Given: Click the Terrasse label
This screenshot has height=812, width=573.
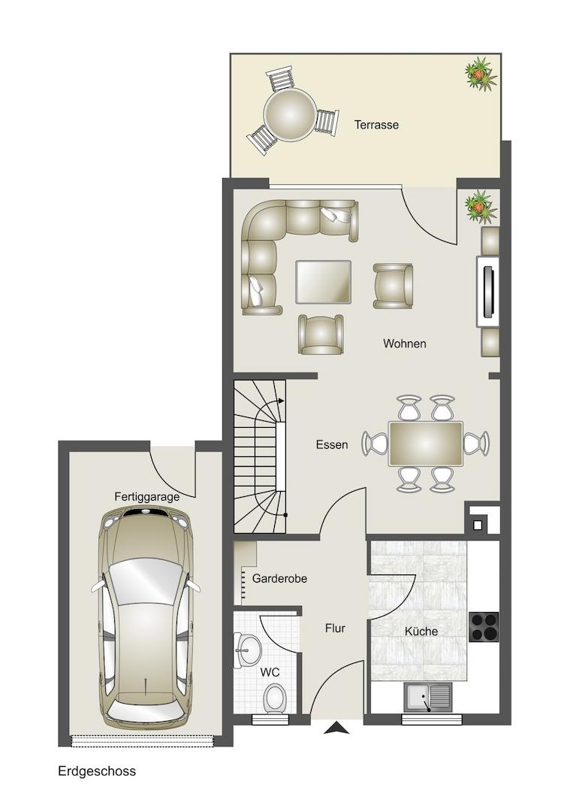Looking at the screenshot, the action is point(376,125).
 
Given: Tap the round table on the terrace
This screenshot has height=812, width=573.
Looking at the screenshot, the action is point(289,114).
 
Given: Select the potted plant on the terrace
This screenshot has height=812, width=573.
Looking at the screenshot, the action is point(481,74).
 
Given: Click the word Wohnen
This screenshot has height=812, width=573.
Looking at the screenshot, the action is point(405,344).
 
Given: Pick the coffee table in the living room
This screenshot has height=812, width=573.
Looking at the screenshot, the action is point(323,282).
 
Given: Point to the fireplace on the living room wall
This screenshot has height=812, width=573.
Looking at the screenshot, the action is point(487,292).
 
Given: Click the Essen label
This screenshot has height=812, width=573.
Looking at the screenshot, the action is point(331,444).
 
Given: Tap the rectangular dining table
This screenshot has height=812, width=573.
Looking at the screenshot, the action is point(425,444).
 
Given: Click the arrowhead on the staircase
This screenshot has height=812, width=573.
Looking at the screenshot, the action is point(281,400).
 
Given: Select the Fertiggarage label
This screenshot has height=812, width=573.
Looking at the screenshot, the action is point(147,497).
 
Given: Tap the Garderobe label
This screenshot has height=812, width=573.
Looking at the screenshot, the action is point(279,578).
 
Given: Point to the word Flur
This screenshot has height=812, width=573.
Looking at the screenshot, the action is point(335,628).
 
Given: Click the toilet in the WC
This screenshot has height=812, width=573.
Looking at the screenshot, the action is point(273,698).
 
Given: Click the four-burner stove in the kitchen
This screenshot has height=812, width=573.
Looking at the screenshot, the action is point(484,626).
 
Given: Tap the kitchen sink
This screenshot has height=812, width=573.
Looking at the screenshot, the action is point(428,698).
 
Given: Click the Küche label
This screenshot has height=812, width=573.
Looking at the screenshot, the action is point(421,632).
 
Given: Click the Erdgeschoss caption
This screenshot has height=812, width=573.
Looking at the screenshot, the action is point(97,771).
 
